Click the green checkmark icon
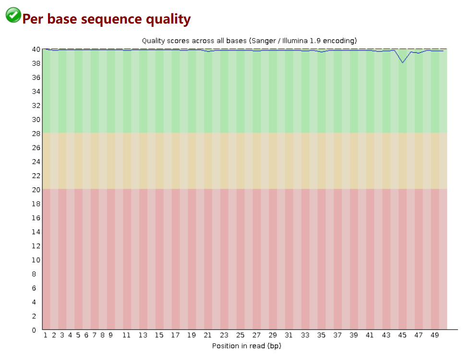[13, 15]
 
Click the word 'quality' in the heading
[168, 19]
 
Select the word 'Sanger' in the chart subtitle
[264, 41]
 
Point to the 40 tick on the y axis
[36, 49]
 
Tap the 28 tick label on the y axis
[36, 133]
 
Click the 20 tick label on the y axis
[36, 190]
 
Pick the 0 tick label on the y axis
[34, 330]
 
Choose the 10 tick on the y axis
[36, 260]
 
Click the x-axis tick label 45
[402, 335]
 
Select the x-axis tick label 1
[45, 335]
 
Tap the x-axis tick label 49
[435, 335]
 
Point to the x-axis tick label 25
[240, 335]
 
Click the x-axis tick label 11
[126, 335]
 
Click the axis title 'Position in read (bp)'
[247, 346]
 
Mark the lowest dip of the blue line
[403, 62]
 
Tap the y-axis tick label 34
[36, 91]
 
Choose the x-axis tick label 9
[110, 335]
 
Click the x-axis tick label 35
[321, 335]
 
